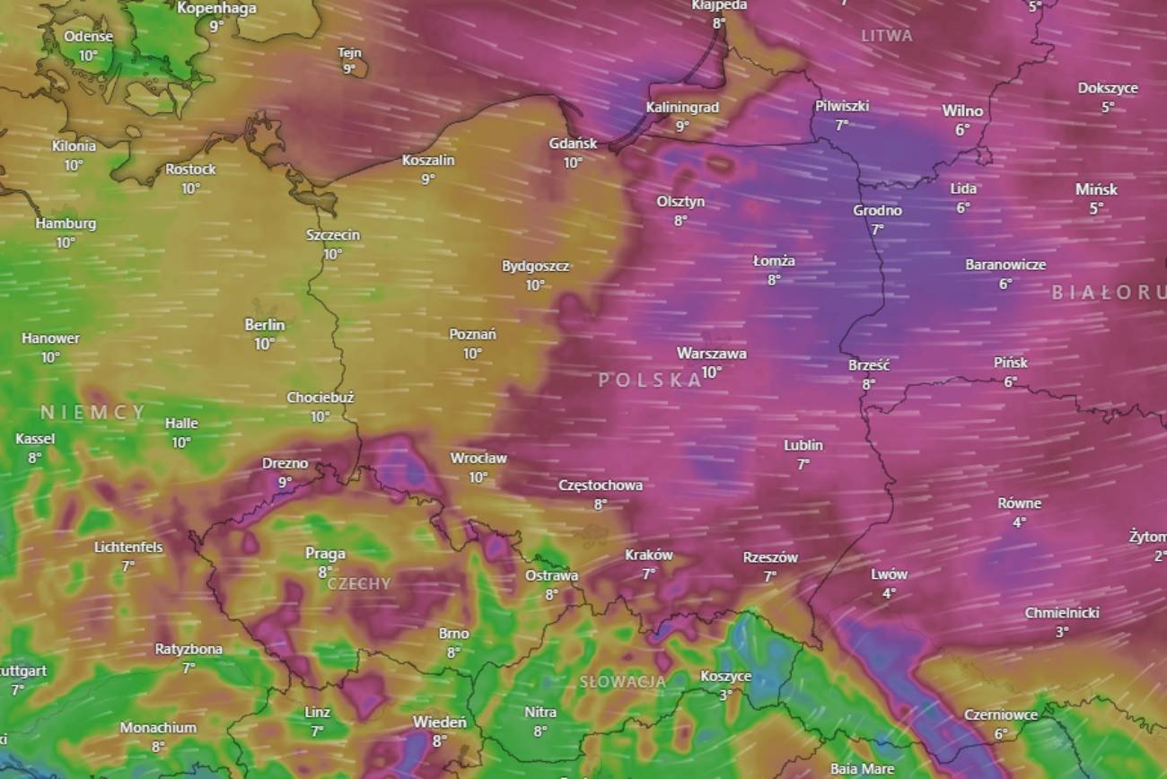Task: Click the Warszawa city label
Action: [x=711, y=354]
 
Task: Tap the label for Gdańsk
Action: [x=574, y=144]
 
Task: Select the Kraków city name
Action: [x=648, y=555]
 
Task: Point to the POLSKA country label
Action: [x=651, y=380]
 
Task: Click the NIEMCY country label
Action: [x=92, y=413]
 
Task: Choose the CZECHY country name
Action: [x=359, y=583]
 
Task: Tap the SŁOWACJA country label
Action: [x=623, y=682]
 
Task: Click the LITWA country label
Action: [x=887, y=36]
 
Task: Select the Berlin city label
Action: [x=265, y=325]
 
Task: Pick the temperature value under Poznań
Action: [x=473, y=354]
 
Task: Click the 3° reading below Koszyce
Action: [x=725, y=695]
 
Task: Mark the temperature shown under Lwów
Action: [x=889, y=593]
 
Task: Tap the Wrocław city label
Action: [x=478, y=458]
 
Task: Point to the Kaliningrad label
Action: [x=682, y=108]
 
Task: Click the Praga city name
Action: [x=325, y=553]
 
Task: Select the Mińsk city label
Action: [x=1096, y=189]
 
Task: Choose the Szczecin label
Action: [x=333, y=235]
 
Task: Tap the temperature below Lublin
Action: [x=803, y=464]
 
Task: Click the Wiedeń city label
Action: [x=439, y=722]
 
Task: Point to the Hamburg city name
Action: [x=66, y=223]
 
